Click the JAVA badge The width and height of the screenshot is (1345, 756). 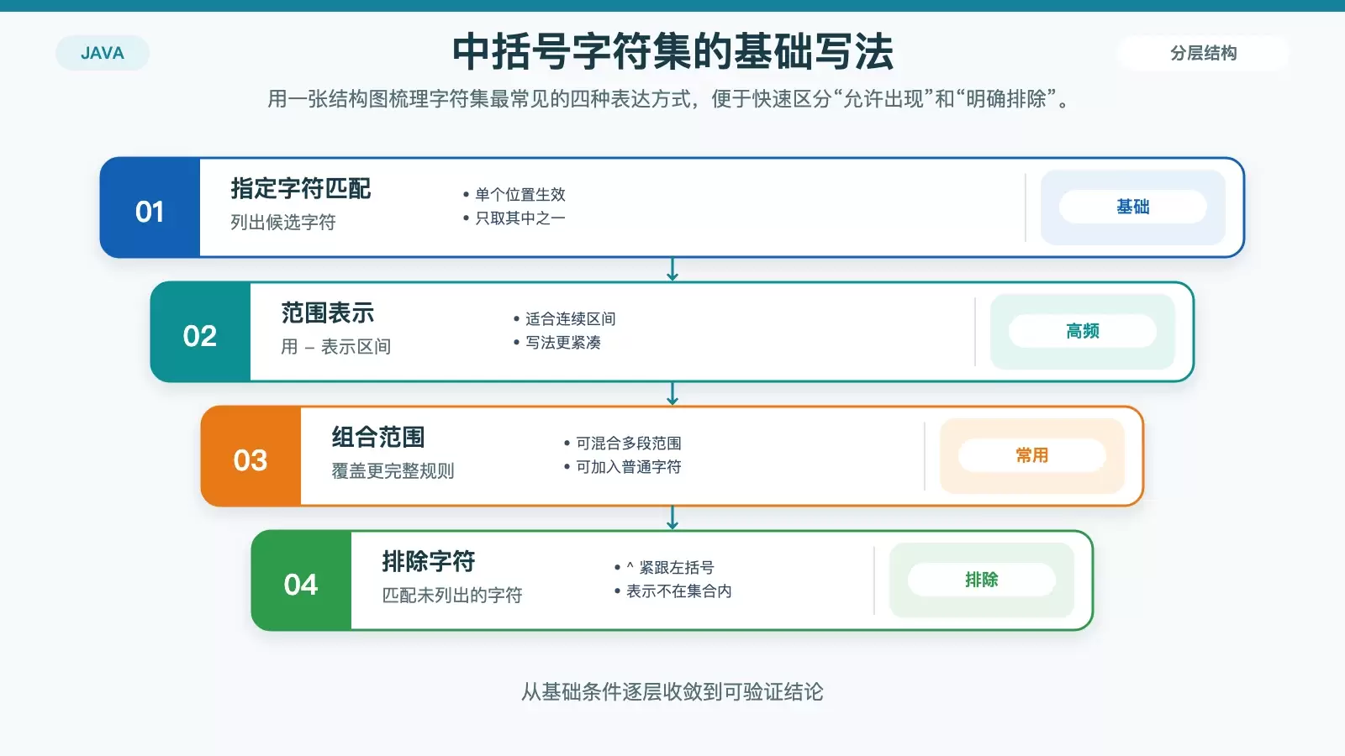[102, 53]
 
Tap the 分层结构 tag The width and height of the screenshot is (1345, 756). [1203, 53]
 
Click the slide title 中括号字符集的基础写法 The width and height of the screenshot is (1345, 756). [672, 52]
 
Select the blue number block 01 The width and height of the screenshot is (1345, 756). [150, 207]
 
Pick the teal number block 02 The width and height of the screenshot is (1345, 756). [201, 332]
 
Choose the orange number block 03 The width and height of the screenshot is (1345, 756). [251, 456]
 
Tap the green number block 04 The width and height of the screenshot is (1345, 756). [302, 580]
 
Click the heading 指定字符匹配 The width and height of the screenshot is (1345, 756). [301, 188]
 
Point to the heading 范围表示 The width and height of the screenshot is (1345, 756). [327, 312]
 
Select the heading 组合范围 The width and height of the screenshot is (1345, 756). [377, 437]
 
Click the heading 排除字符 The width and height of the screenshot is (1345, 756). [428, 561]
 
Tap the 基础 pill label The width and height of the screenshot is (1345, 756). [1133, 207]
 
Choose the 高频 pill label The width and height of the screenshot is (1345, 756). [1083, 331]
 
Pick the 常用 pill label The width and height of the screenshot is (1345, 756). [1032, 455]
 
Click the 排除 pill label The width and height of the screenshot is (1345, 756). [982, 580]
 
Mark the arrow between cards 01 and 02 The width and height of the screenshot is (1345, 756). [672, 270]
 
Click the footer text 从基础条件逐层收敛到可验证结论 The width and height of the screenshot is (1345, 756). [672, 692]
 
